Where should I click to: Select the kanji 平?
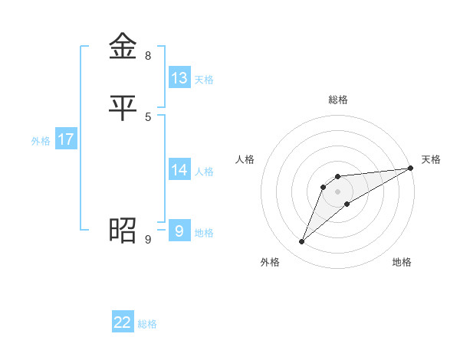point(123,106)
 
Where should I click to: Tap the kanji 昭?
point(123,229)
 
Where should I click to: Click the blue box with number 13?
point(179,78)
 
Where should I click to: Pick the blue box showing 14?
point(179,170)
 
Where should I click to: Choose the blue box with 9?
point(179,231)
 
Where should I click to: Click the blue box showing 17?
point(66,139)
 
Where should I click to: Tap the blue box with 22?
point(123,322)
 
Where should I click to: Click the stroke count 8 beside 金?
point(148,56)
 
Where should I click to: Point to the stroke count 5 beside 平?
point(148,116)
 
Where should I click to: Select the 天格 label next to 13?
point(204,80)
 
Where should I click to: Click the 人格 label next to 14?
point(204,172)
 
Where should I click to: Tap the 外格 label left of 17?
point(41,141)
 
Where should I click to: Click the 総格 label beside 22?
point(147,324)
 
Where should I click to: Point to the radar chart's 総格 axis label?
point(338,100)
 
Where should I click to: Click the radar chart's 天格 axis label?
point(432,159)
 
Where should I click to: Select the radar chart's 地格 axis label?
point(402,263)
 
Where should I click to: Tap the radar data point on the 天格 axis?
point(411,168)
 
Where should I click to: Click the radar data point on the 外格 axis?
point(301,242)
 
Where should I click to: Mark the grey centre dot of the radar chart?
point(338,191)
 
